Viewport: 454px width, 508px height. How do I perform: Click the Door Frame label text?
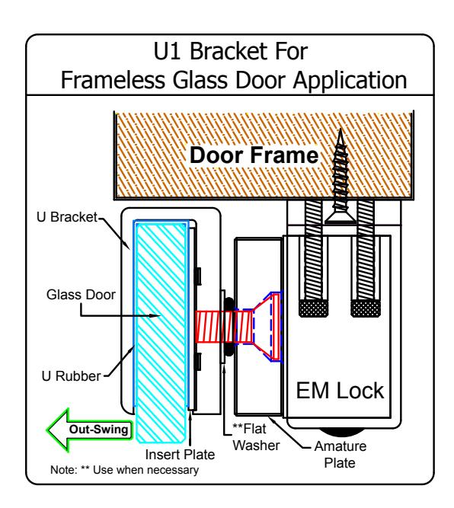tap(254, 155)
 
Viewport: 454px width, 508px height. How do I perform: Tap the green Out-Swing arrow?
tap(90, 430)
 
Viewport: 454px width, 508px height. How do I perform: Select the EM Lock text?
tap(340, 391)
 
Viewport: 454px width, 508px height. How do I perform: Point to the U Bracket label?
tap(67, 217)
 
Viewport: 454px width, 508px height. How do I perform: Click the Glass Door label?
tap(81, 295)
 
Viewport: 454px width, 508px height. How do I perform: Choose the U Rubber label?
tap(71, 376)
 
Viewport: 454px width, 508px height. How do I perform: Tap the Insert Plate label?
tap(180, 454)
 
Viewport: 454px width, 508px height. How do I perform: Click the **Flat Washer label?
tap(256, 437)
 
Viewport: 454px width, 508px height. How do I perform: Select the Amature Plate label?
tap(340, 454)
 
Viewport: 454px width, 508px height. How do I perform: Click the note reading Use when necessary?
tap(124, 470)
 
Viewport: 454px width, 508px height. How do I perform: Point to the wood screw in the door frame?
tap(340, 176)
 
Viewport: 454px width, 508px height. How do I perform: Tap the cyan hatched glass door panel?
tap(161, 331)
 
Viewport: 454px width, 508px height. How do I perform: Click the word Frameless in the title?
tap(113, 80)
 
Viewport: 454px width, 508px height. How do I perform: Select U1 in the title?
tap(167, 51)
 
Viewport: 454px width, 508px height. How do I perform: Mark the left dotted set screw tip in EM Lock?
tap(313, 308)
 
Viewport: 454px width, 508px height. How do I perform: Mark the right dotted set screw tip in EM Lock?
tap(366, 308)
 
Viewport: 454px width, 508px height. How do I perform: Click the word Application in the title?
tap(350, 81)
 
